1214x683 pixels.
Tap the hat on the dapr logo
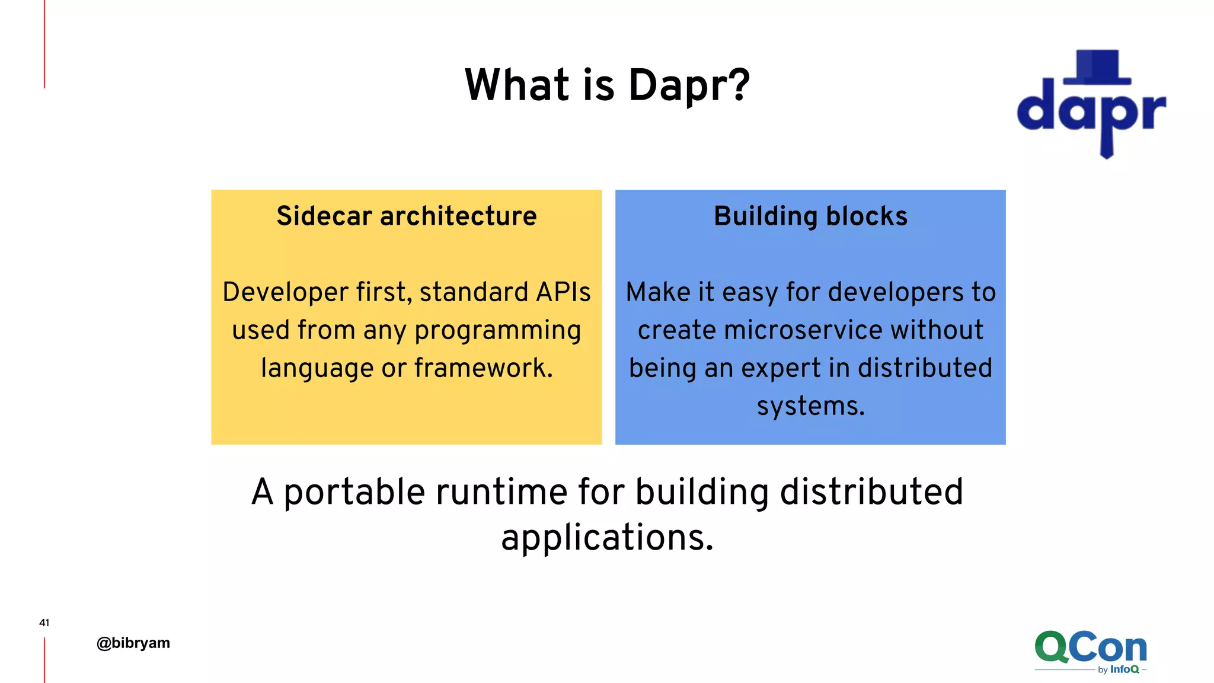(1098, 67)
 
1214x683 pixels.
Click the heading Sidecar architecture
(407, 216)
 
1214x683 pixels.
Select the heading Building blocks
(810, 216)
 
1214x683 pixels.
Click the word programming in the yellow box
(497, 331)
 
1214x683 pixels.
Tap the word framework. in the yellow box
(483, 368)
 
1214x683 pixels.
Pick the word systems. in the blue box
(811, 407)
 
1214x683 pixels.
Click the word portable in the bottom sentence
(354, 493)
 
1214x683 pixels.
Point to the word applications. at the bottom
(607, 538)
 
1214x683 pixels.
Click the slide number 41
(44, 623)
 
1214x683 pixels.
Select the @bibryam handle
(133, 643)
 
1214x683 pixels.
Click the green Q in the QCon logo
(1052, 647)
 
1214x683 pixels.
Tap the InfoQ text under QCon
(1124, 669)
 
